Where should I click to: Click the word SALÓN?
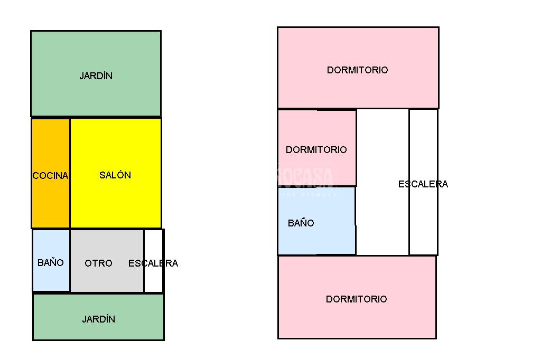tap(115, 175)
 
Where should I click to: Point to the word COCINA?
tap(51, 176)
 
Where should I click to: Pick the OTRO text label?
tap(98, 263)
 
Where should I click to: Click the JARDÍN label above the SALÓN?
tap(96, 76)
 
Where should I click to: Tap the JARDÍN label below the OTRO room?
tap(99, 319)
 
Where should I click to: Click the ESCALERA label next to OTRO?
tap(153, 263)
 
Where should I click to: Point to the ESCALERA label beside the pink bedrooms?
tap(423, 184)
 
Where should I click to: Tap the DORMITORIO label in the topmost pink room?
tap(358, 70)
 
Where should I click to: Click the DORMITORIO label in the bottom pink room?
tap(357, 299)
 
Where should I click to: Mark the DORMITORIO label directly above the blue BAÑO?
tap(316, 150)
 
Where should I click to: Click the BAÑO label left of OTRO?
tap(51, 263)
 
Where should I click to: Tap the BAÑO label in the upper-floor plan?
tap(301, 223)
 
